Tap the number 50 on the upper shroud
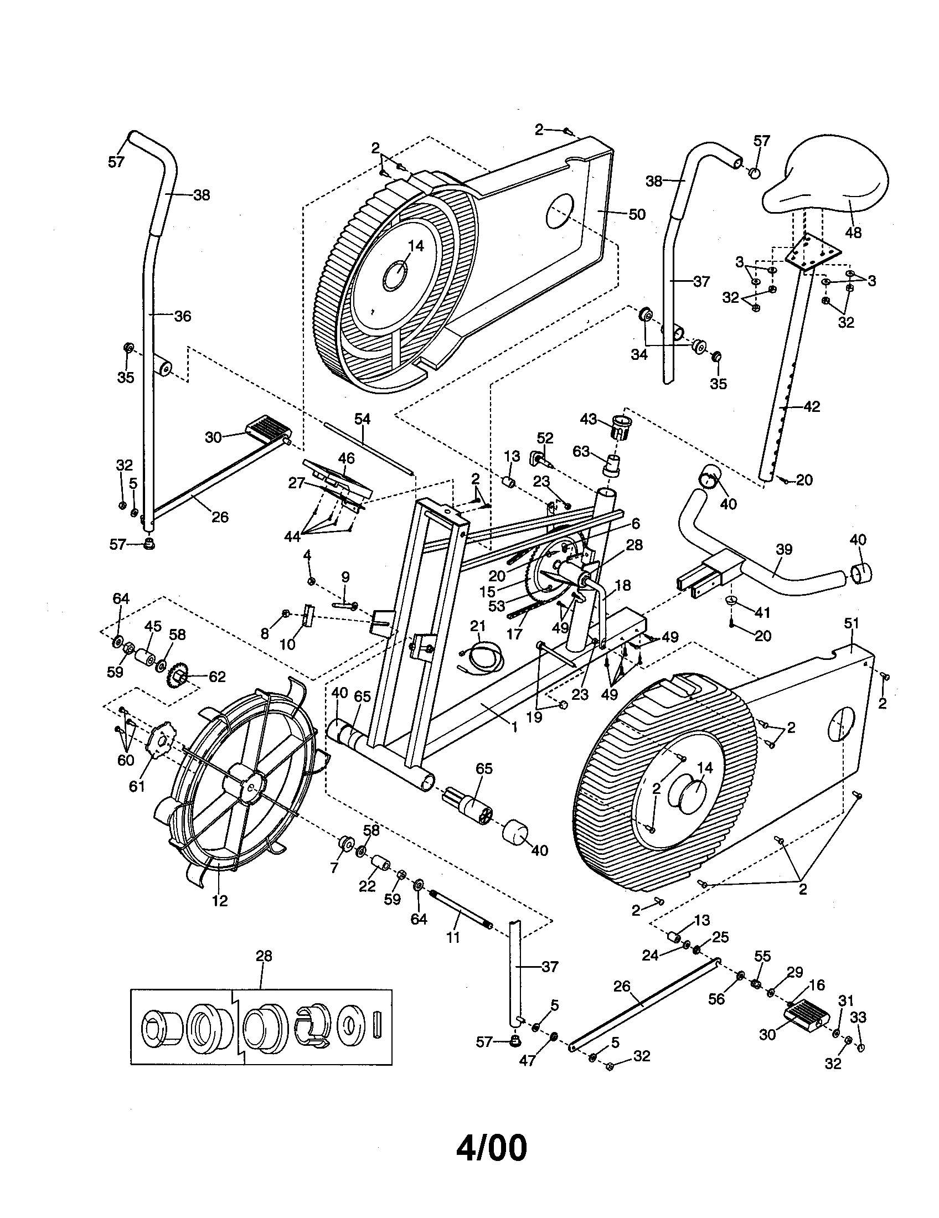pos(636,214)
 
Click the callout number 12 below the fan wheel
pos(220,901)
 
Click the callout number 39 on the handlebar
pos(783,549)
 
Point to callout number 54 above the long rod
pos(362,418)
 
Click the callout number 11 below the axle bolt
pos(453,937)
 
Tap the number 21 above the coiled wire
pos(478,626)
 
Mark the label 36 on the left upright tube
pos(182,316)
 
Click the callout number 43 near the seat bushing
pos(589,419)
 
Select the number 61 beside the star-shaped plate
pos(137,786)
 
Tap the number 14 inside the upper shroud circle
pos(416,245)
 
